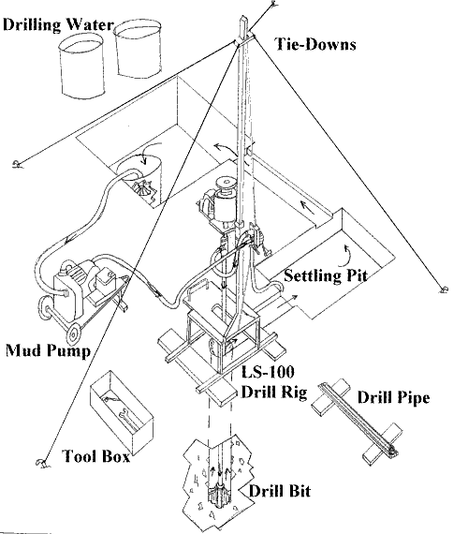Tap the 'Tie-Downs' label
(x=315, y=43)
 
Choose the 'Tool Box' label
(x=96, y=458)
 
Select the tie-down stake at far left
(x=16, y=166)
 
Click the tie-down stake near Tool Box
(x=41, y=463)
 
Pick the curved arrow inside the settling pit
(x=348, y=245)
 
